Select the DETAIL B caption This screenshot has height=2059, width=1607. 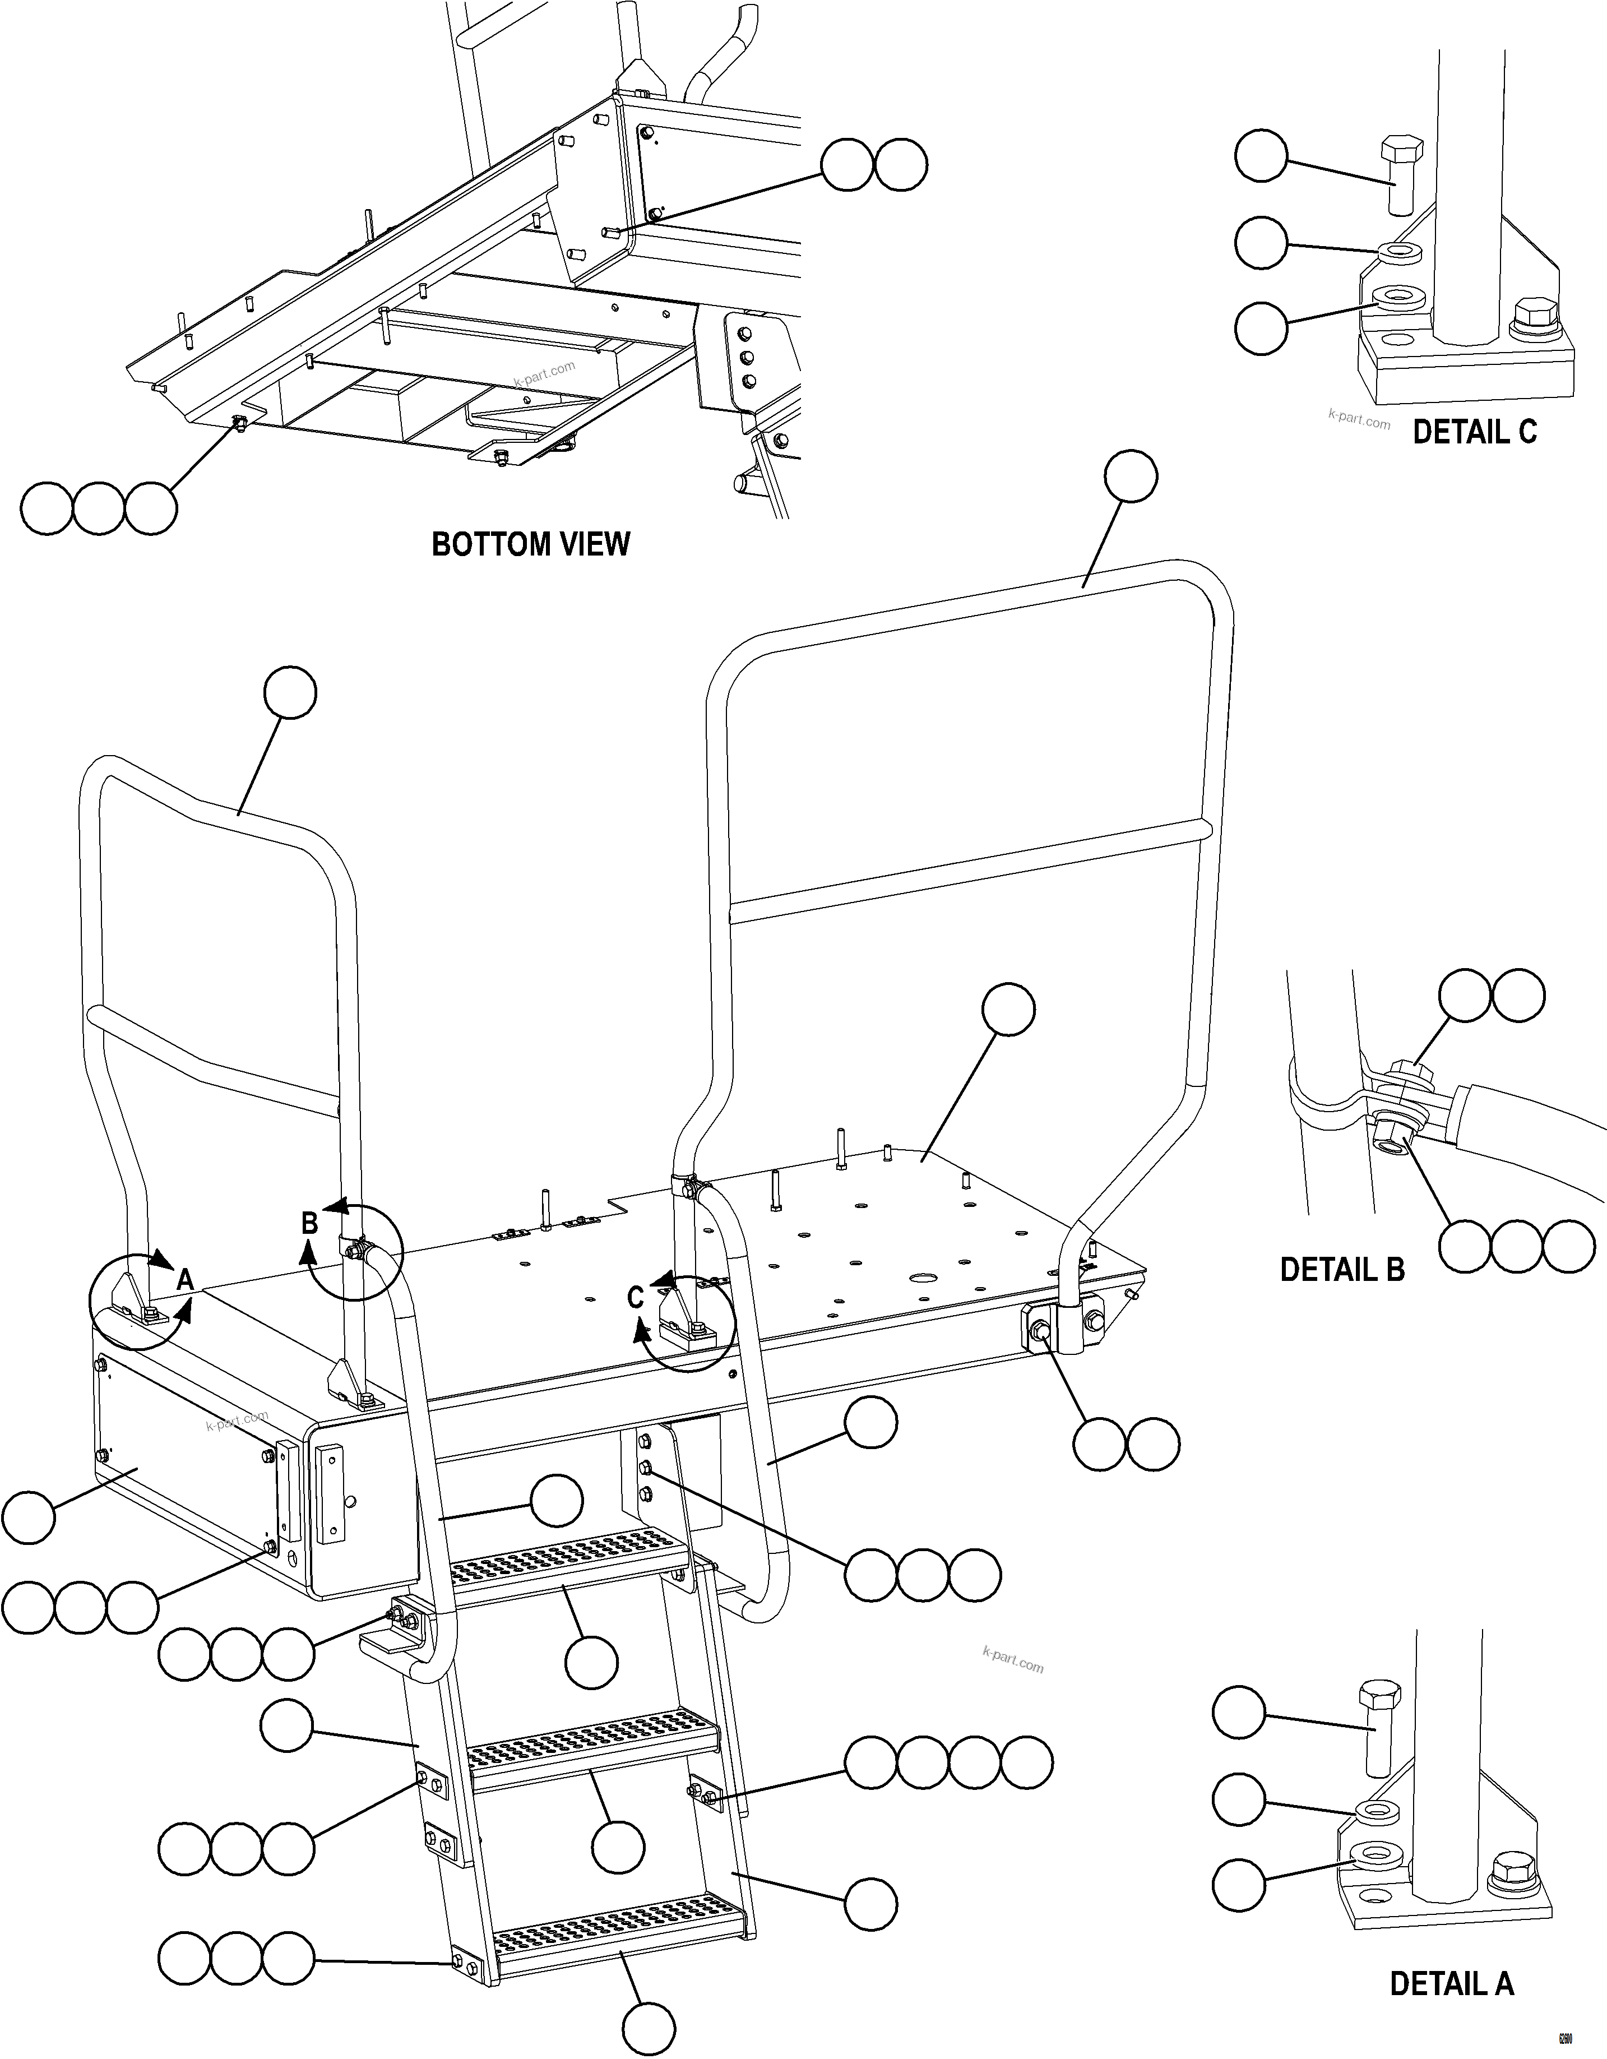tap(1341, 1270)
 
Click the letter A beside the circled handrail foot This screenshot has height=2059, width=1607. tap(185, 1279)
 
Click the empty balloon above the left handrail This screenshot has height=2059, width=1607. tap(290, 693)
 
